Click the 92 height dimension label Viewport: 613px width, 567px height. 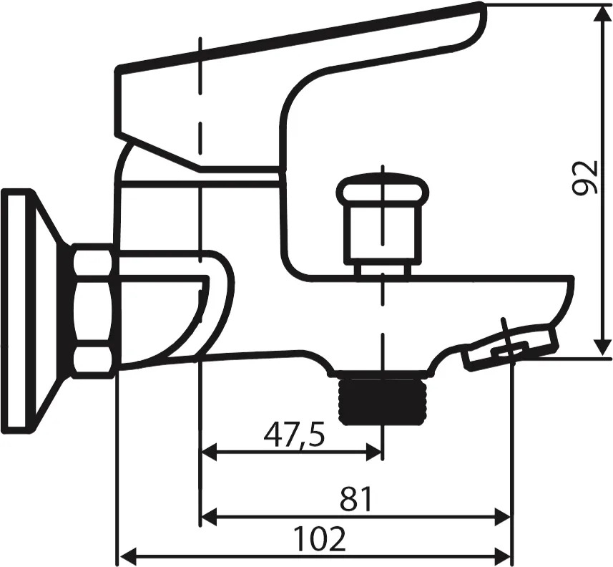[x=585, y=178]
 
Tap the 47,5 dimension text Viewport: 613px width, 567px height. [x=294, y=435]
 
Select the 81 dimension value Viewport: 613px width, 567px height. [x=355, y=499]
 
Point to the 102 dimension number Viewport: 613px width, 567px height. [x=320, y=538]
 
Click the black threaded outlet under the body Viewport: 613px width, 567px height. [x=383, y=401]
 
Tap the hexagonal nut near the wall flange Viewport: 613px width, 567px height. [x=94, y=311]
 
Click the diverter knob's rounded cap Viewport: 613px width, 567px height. [x=383, y=190]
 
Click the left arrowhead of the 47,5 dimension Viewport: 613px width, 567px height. [x=209, y=452]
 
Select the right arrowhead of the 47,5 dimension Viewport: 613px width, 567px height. [x=374, y=452]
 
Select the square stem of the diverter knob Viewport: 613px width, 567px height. [x=383, y=233]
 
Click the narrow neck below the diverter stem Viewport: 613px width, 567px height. [x=384, y=268]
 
